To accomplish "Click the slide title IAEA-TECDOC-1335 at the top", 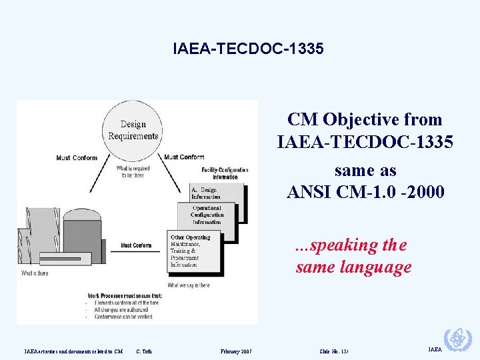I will pyautogui.click(x=248, y=49).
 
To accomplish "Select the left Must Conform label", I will pyautogui.click(x=77, y=158).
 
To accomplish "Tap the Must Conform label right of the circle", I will pyautogui.click(x=183, y=157).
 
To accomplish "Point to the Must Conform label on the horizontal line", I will pyautogui.click(x=135, y=245).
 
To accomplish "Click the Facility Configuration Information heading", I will pyautogui.click(x=225, y=173).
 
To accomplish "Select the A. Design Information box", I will pyautogui.click(x=207, y=194).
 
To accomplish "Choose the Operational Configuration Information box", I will pyautogui.click(x=208, y=215).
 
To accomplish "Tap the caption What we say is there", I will pyautogui.click(x=189, y=285).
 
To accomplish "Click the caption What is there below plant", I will pyautogui.click(x=34, y=273).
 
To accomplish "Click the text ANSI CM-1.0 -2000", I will pyautogui.click(x=365, y=192).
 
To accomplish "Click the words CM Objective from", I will pyautogui.click(x=365, y=120).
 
